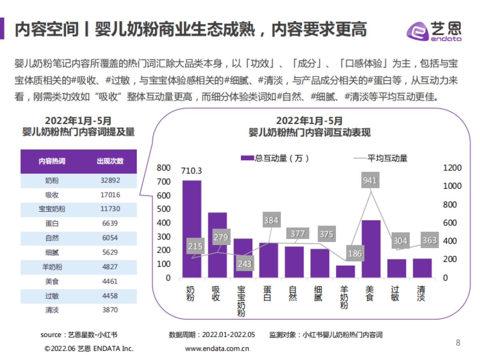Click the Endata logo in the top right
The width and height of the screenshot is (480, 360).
[434, 31]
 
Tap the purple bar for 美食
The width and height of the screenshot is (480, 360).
[371, 249]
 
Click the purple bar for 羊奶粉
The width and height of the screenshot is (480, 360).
[345, 272]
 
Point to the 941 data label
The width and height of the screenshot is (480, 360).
[370, 180]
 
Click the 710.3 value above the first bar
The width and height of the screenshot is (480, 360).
[192, 171]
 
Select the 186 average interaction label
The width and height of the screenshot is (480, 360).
[355, 254]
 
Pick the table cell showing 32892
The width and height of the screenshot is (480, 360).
[110, 181]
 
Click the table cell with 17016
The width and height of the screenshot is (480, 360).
[110, 195]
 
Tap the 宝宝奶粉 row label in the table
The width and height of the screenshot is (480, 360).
[52, 209]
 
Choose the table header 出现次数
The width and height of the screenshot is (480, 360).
[110, 161]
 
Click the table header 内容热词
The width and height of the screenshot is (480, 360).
[52, 161]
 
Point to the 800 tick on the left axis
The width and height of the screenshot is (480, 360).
[164, 168]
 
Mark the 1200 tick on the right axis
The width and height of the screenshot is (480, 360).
[452, 168]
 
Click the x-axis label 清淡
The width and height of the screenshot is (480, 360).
[422, 294]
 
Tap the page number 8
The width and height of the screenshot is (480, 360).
[458, 343]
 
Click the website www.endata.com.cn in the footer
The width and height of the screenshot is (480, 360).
[217, 348]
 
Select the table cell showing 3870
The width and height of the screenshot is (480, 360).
[110, 310]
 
